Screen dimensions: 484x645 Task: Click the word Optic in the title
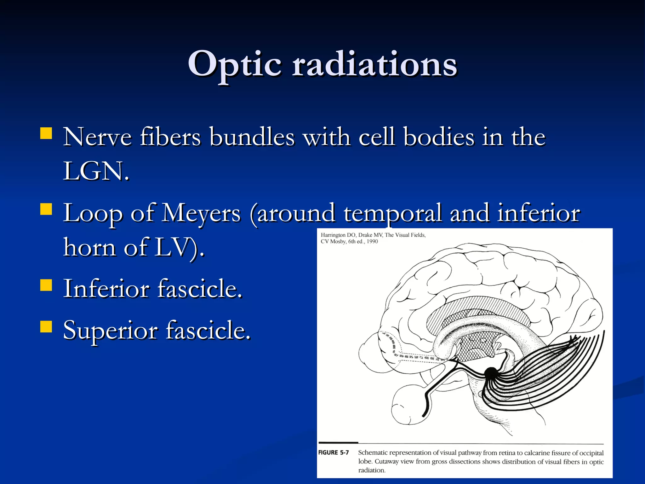pyautogui.click(x=234, y=65)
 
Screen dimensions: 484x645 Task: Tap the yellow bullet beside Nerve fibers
pyautogui.click(x=46, y=133)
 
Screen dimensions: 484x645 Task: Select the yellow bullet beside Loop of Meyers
pyautogui.click(x=46, y=209)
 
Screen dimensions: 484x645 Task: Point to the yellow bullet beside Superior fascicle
pyautogui.click(x=46, y=327)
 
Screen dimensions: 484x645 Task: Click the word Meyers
pyautogui.click(x=202, y=213)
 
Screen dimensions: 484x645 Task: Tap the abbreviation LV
pyautogui.click(x=172, y=247)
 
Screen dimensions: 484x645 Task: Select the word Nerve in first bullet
pyautogui.click(x=97, y=137)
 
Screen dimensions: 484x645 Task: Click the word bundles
pyautogui.click(x=252, y=137)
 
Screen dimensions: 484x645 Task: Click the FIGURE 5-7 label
pyautogui.click(x=334, y=452)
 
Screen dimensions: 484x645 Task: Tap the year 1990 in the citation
pyautogui.click(x=372, y=241)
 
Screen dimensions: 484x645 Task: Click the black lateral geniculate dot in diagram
pyautogui.click(x=490, y=373)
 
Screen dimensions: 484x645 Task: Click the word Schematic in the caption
pyautogui.click(x=373, y=453)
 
